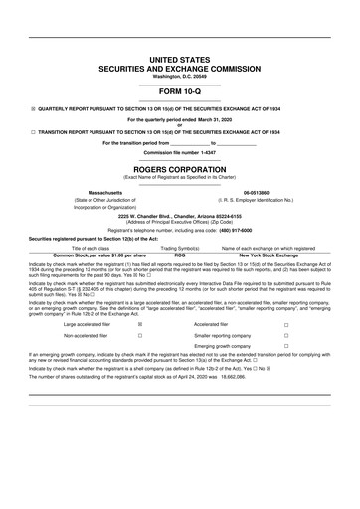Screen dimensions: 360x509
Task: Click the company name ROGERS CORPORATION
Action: pyautogui.click(x=179, y=170)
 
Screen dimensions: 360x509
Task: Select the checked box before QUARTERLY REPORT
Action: pyautogui.click(x=33, y=108)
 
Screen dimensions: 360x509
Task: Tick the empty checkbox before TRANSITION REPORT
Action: pyautogui.click(x=33, y=131)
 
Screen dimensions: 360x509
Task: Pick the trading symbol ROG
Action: pyautogui.click(x=180, y=254)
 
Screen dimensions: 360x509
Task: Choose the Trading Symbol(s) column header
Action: pyautogui.click(x=180, y=248)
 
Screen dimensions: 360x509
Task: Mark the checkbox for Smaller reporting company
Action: pyautogui.click(x=286, y=336)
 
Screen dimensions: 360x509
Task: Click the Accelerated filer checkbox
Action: pyautogui.click(x=286, y=324)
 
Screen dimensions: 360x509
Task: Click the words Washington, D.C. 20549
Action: pyautogui.click(x=179, y=77)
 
